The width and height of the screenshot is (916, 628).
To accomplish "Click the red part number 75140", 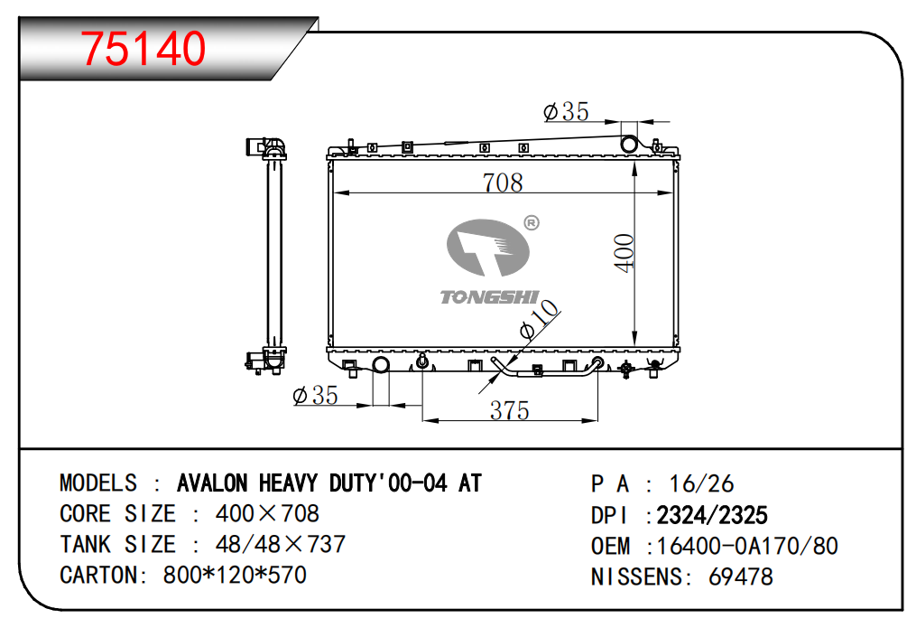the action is coord(143,48).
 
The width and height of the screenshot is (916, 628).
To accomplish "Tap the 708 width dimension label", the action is coord(503,183).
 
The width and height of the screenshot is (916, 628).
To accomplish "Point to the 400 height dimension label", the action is coord(624,253).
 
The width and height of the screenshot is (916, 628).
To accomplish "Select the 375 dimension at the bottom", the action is coord(509,410).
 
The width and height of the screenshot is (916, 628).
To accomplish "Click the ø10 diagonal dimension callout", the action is coord(539,319).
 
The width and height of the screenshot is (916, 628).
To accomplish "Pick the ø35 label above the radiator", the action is coord(566,111).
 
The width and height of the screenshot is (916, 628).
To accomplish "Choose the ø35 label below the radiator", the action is coord(316,395).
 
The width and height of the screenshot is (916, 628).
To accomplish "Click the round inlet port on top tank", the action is coord(629,144).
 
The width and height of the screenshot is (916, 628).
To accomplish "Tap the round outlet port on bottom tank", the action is coord(381,365).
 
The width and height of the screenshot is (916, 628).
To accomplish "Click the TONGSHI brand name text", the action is coord(489,297).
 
